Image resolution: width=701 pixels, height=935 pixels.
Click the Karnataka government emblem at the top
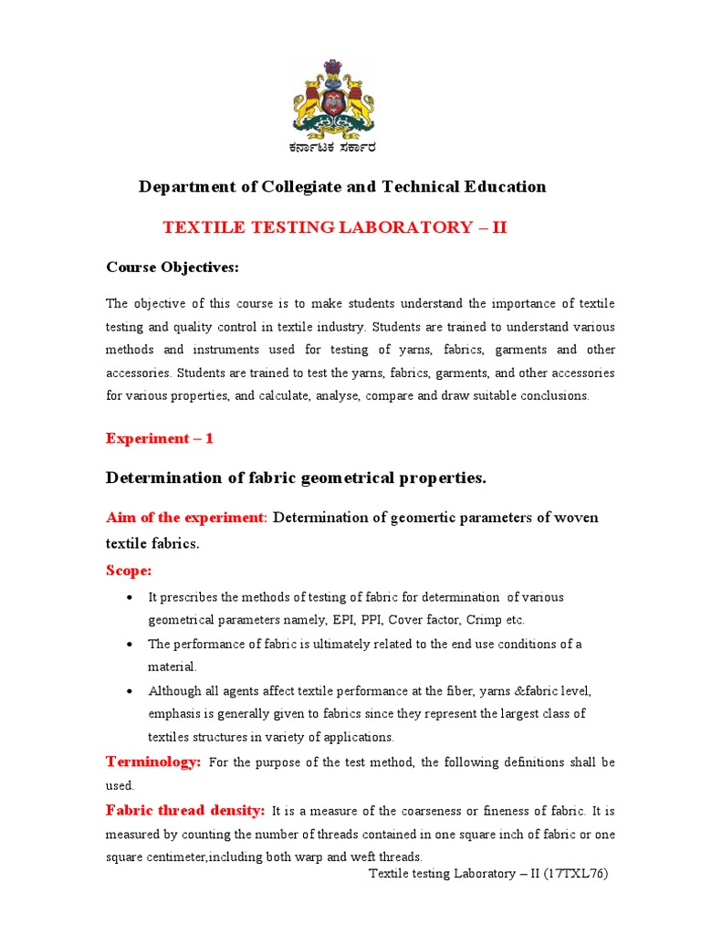tap(333, 99)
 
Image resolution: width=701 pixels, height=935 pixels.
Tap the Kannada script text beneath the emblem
tap(333, 148)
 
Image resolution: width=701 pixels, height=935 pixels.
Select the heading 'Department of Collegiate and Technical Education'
tap(342, 187)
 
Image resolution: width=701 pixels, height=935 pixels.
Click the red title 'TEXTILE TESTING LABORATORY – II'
tap(334, 227)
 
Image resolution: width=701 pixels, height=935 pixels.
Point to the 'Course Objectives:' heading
tap(172, 268)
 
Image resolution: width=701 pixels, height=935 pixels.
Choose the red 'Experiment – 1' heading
tap(160, 438)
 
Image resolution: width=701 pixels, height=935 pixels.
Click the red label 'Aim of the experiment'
tap(185, 518)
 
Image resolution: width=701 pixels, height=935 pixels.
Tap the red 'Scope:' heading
tap(129, 570)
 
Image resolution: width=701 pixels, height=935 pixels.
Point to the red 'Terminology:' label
tap(153, 762)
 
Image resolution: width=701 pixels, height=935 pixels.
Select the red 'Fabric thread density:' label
tap(185, 810)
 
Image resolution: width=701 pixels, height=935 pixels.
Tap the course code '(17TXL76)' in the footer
tap(576, 874)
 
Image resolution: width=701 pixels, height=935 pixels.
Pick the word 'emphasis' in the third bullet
tap(175, 713)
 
